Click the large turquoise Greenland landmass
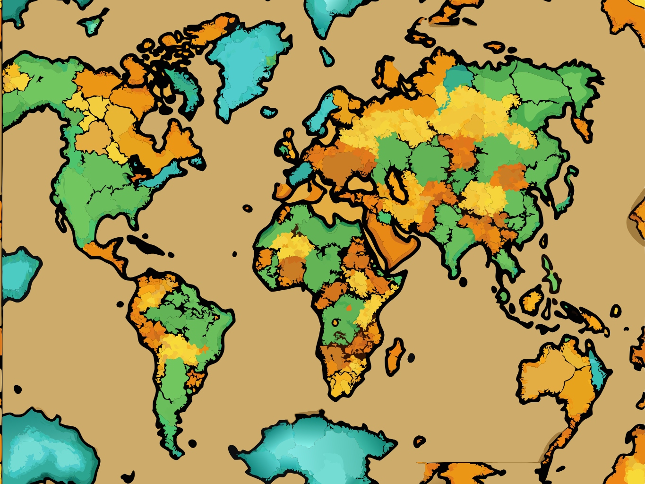coord(246,71)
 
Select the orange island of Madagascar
coord(395,354)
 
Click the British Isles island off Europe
coord(287,142)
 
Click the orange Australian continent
coord(558,378)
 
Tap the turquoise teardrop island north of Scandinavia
coord(326,57)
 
